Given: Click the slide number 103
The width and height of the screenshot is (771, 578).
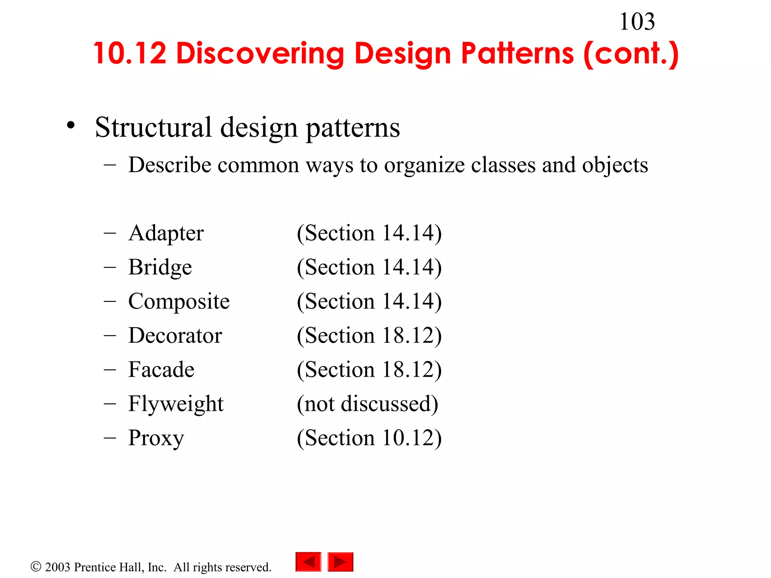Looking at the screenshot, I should click(x=637, y=22).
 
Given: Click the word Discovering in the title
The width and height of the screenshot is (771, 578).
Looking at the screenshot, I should click(x=260, y=53).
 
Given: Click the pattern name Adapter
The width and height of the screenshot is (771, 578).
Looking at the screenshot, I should click(x=166, y=233).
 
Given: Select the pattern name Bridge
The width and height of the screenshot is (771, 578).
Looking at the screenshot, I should click(x=160, y=268).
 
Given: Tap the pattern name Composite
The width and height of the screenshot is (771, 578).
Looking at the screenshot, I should click(x=179, y=302).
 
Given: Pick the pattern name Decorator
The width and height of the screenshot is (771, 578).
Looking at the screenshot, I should click(x=175, y=336).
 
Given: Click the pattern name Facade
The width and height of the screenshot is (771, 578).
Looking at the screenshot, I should click(x=161, y=370).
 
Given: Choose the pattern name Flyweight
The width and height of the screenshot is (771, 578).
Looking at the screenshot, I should click(x=176, y=404).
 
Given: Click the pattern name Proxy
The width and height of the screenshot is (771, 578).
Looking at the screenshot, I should click(x=156, y=438).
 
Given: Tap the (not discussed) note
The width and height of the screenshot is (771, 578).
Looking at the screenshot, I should click(x=367, y=404).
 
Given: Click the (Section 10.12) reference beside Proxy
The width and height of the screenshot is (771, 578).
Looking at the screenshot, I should click(x=369, y=438).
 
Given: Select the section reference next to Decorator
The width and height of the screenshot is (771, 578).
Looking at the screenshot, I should click(x=369, y=336).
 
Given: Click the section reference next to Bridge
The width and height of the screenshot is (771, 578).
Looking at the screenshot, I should click(x=369, y=268).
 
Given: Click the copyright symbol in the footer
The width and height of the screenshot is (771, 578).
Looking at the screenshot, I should click(x=36, y=566).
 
